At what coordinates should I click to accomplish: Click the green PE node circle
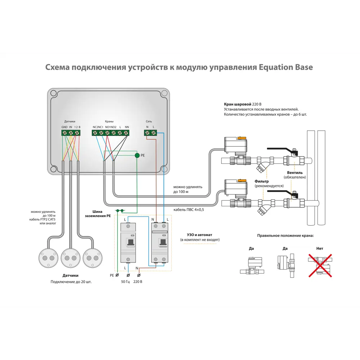point(137,156)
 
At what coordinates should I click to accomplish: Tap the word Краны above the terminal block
point(109,122)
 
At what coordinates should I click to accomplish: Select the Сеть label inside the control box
point(149,122)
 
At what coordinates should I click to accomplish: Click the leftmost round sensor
point(48,258)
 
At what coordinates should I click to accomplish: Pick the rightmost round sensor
point(93,258)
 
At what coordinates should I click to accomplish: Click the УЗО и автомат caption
point(199,234)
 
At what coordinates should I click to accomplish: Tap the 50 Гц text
point(126,282)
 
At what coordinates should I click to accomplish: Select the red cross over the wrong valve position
point(319,266)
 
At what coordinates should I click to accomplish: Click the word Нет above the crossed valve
point(319,248)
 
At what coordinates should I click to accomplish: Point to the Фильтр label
point(262,181)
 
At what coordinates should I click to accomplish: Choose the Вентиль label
point(295,172)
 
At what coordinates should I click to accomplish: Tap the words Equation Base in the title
point(286,67)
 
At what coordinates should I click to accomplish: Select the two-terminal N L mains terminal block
point(150,133)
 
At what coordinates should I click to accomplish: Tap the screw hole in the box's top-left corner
point(53,93)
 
